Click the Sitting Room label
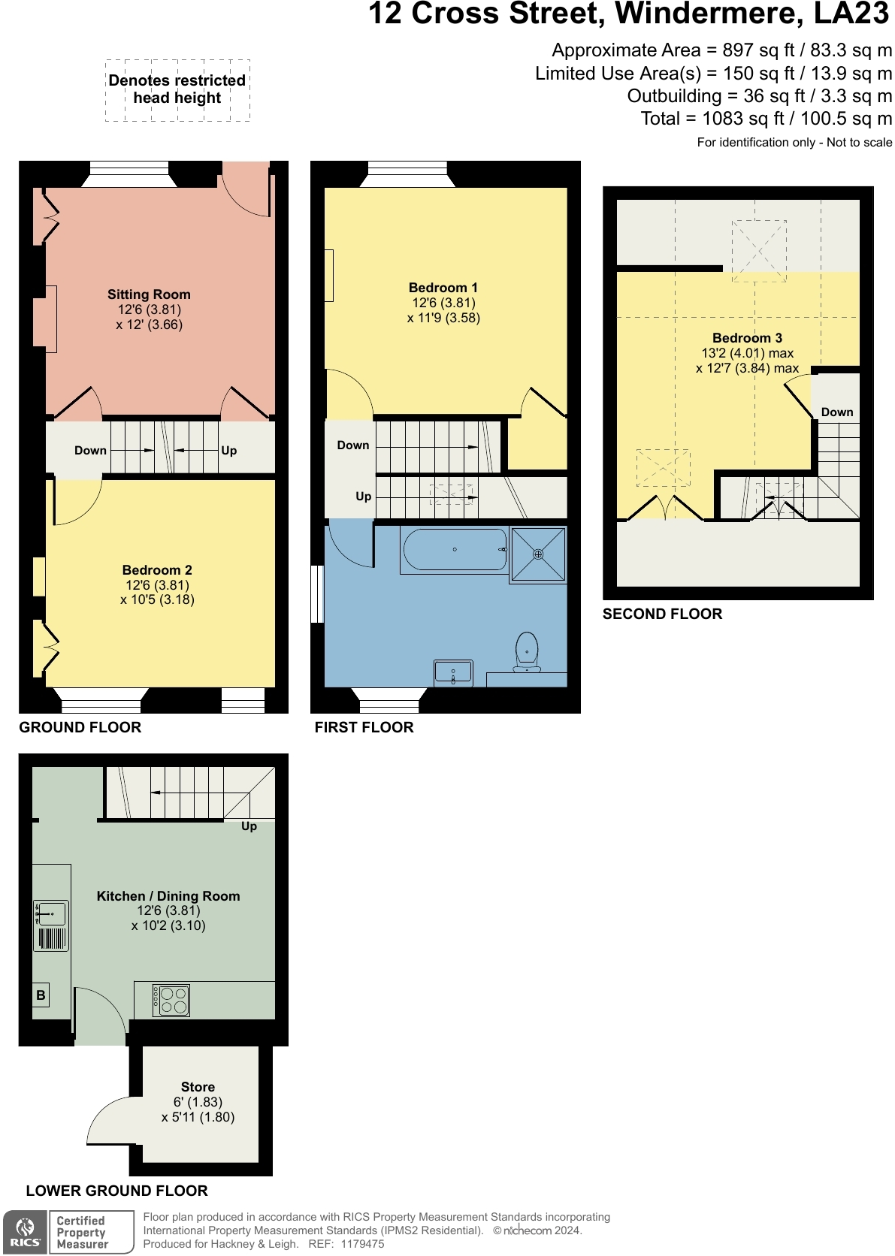click(149, 294)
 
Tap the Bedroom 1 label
click(443, 288)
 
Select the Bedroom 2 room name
click(157, 569)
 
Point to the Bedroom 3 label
click(747, 337)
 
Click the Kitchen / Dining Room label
click(168, 896)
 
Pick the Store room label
click(198, 1087)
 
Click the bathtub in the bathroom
click(455, 550)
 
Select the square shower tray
click(538, 554)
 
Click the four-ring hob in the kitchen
click(171, 1001)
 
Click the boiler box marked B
click(41, 995)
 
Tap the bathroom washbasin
click(454, 673)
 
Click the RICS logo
click(26, 1232)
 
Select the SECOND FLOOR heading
click(662, 614)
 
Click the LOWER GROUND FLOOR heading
click(116, 1191)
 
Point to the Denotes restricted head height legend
click(177, 89)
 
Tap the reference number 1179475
click(361, 1244)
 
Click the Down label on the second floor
click(836, 412)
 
